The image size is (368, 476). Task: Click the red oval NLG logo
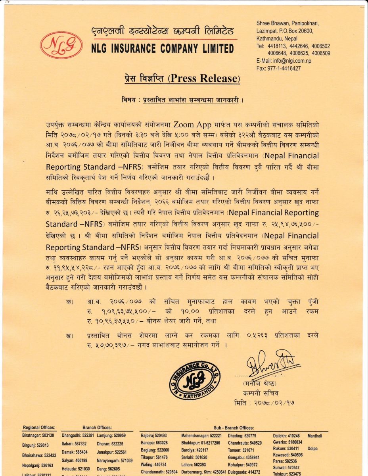[x=61, y=45]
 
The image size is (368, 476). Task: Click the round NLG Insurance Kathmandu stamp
[x=195, y=379]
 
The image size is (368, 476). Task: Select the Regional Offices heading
[x=39, y=428]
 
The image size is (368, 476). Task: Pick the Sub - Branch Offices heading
[x=234, y=428]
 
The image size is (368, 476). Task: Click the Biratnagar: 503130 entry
[x=38, y=436]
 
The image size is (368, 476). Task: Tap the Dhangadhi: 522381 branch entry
[x=78, y=436]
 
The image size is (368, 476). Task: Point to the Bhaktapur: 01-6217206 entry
[x=201, y=443]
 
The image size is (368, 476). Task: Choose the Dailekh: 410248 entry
[x=286, y=436]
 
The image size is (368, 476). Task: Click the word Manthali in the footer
[x=315, y=436]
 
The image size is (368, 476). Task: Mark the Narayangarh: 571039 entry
[x=115, y=461]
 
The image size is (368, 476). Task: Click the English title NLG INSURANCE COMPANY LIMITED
[x=162, y=49]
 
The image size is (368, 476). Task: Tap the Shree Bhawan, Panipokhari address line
[x=293, y=24]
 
